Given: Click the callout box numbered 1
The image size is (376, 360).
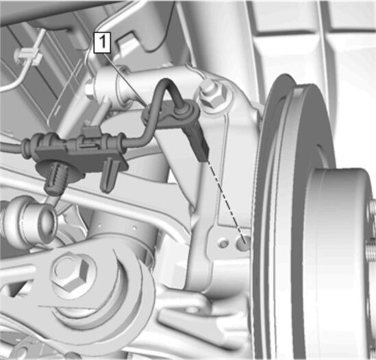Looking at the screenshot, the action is tap(103, 43).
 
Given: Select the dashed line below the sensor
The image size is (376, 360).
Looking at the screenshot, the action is tap(225, 200).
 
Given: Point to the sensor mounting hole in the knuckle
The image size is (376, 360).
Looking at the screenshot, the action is tap(242, 243).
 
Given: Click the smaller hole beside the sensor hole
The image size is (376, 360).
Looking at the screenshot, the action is tap(223, 243).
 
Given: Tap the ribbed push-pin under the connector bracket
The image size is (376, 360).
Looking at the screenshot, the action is tap(55, 177).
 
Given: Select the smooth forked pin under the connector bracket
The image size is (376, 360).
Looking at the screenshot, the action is tap(109, 176).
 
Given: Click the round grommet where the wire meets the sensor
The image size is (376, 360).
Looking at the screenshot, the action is tap(186, 109).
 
